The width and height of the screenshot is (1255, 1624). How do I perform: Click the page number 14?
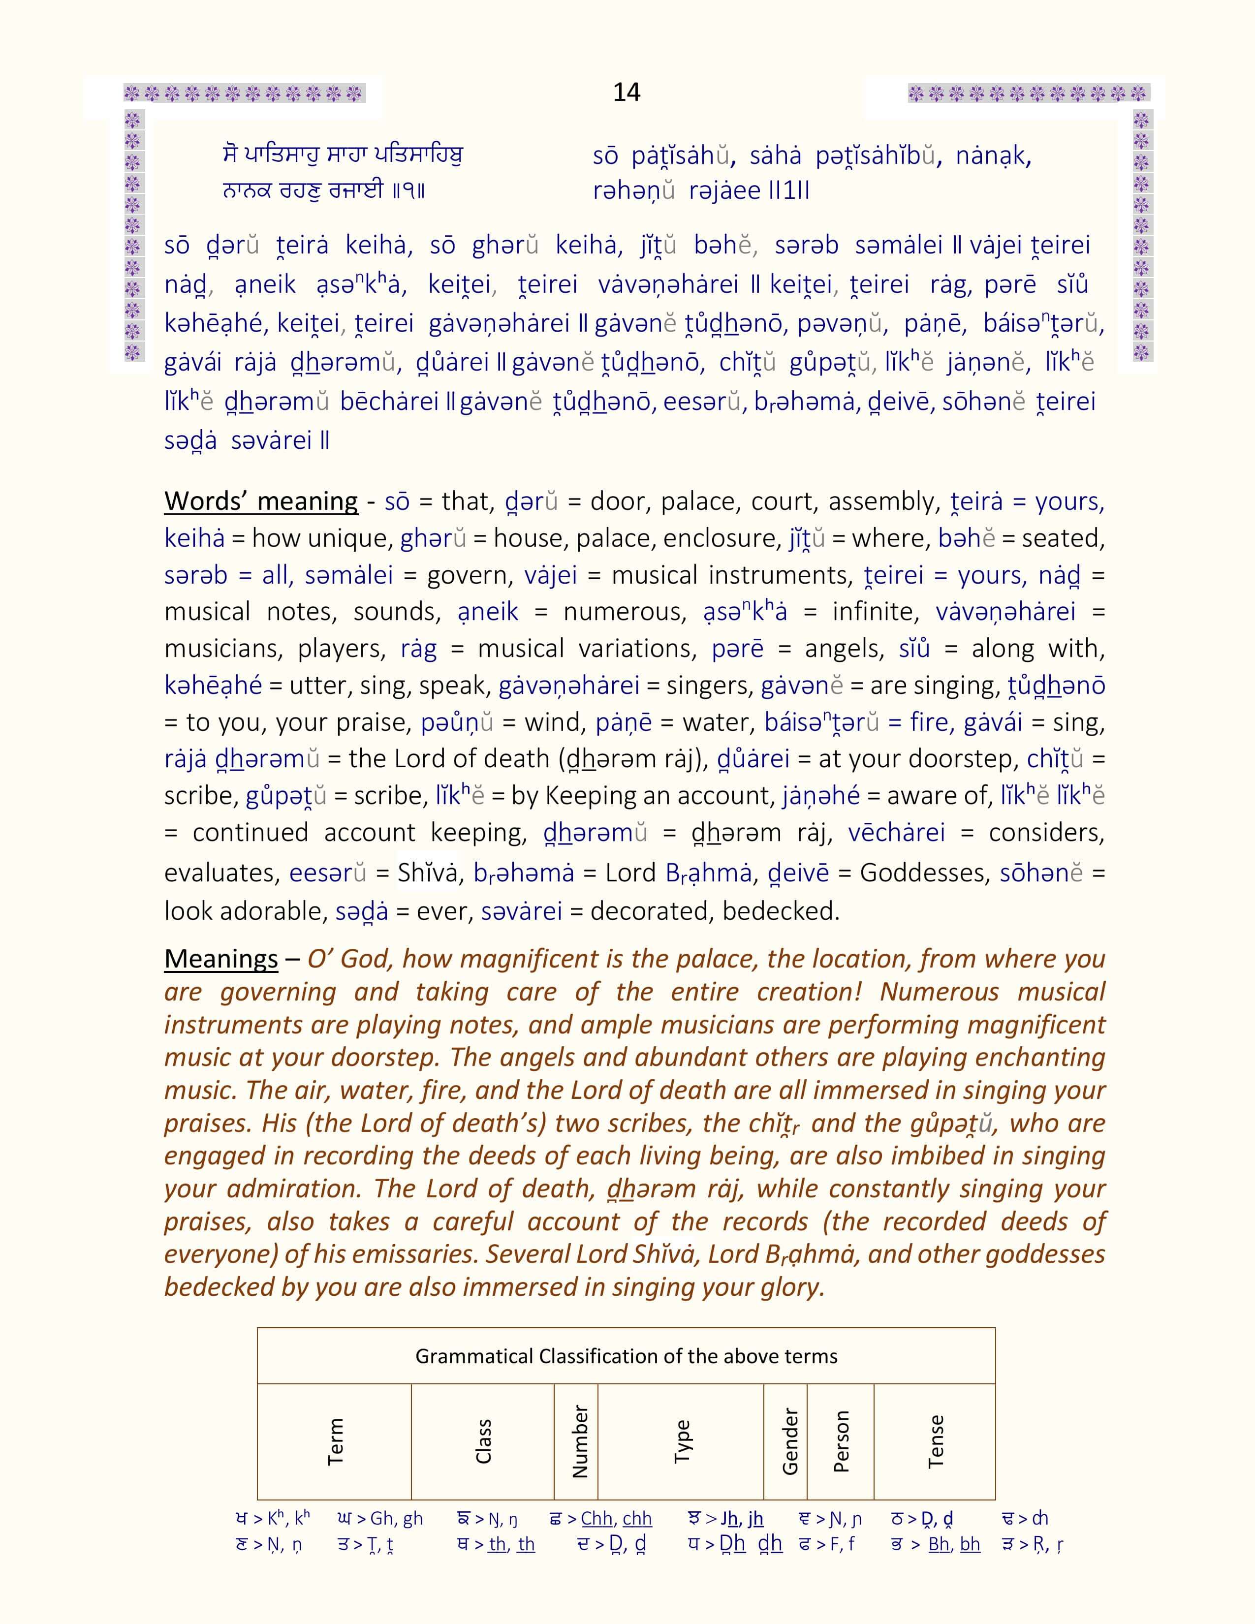click(626, 92)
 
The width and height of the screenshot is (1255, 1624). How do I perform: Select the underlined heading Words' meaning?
click(260, 501)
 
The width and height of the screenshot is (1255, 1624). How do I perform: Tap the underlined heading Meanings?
click(221, 959)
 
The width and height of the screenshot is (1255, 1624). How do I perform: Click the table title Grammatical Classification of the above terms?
click(626, 1356)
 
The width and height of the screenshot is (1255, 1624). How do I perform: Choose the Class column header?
click(483, 1441)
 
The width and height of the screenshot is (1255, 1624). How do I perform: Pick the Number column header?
click(579, 1441)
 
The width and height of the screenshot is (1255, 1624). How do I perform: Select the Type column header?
click(682, 1441)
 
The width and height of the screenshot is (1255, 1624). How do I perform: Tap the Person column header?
click(841, 1441)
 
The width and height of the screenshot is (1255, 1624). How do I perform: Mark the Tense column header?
click(935, 1441)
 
